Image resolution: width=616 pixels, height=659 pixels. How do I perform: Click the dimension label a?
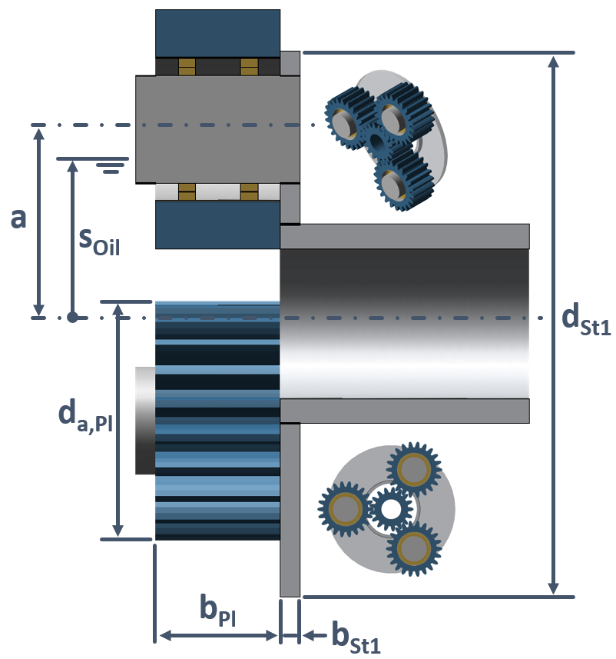tap(18, 218)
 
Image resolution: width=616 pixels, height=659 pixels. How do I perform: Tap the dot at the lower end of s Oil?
tap(72, 317)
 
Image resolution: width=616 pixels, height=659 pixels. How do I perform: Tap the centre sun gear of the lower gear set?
tap(390, 508)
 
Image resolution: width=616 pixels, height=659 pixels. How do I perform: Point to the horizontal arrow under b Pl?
tap(217, 636)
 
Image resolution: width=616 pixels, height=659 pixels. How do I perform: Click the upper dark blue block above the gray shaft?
tap(217, 33)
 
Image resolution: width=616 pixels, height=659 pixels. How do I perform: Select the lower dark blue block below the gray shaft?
tap(217, 225)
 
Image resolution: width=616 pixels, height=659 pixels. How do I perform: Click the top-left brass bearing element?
tap(187, 67)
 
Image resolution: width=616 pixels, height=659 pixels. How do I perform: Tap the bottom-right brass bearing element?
tap(249, 191)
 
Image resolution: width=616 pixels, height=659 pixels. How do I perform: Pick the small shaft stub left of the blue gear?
tap(145, 420)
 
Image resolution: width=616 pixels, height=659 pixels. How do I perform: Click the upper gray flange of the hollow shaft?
tap(405, 236)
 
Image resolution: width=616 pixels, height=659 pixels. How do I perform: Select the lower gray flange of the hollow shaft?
tap(405, 411)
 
